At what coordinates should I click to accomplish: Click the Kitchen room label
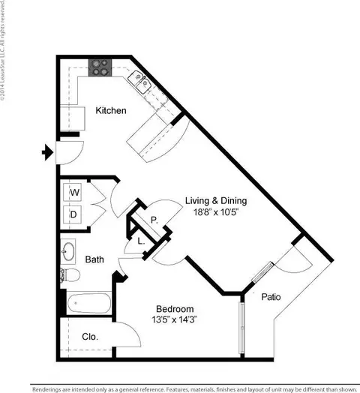(110, 111)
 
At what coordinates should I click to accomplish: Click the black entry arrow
(47, 154)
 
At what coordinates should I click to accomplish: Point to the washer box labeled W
(74, 193)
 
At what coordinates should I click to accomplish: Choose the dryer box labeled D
(74, 214)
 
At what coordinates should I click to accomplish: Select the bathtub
(88, 304)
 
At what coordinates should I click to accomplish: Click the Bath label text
(94, 260)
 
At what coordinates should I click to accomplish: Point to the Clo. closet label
(89, 337)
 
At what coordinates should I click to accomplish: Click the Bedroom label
(175, 309)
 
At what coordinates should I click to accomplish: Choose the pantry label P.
(153, 220)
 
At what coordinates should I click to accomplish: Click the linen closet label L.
(141, 241)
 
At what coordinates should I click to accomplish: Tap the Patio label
(271, 297)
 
